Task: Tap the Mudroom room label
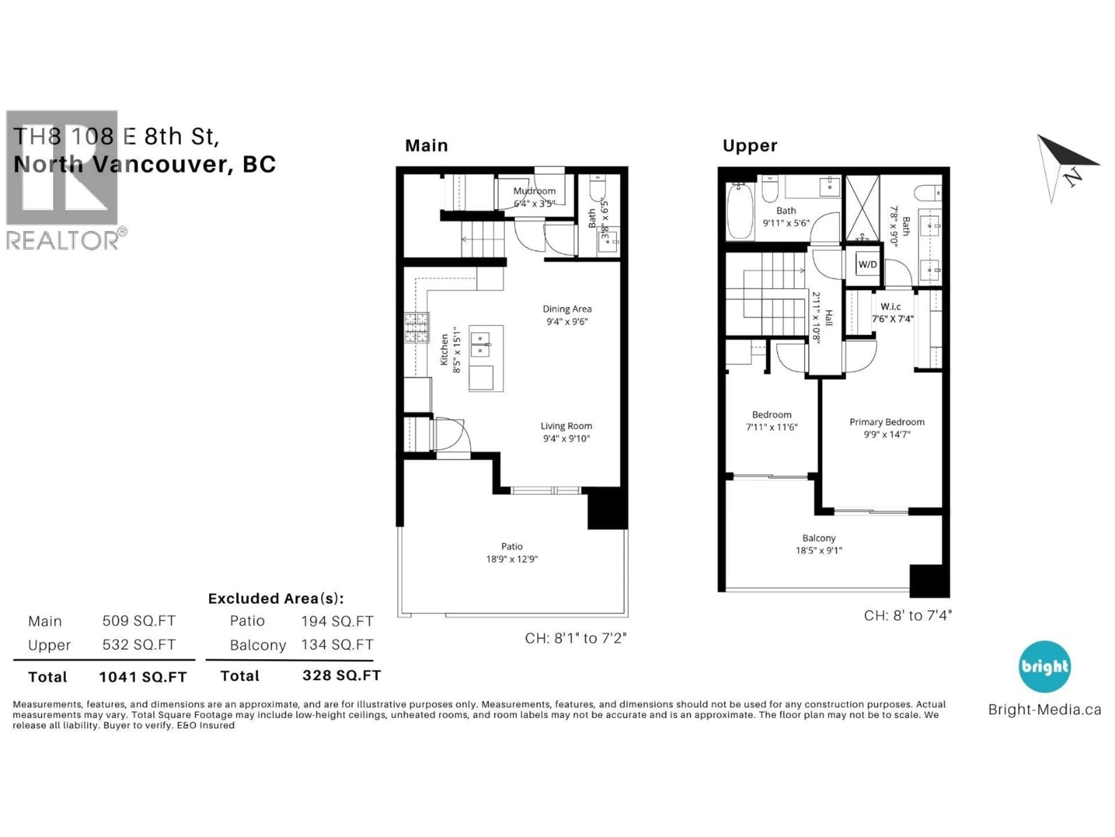coord(534,191)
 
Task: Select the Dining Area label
coord(567,309)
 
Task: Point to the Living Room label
coord(566,426)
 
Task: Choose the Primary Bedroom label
coord(887,422)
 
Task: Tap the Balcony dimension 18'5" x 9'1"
coord(819,550)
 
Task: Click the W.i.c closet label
coord(890,306)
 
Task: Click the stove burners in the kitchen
coord(416,328)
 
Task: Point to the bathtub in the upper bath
coord(740,210)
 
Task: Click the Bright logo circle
coord(1044,666)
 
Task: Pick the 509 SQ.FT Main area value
coord(139,620)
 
